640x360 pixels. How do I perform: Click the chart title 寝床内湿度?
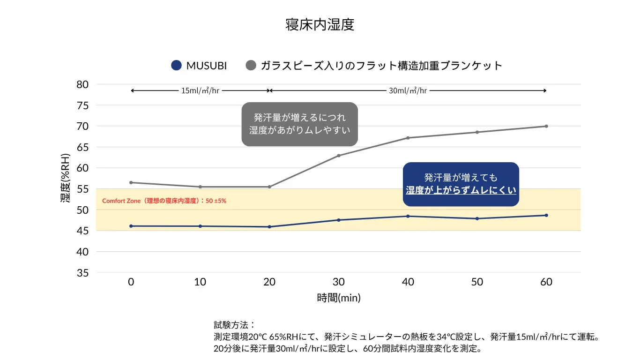click(320, 25)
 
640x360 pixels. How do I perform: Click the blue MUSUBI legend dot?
click(176, 66)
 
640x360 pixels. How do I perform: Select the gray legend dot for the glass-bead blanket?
click(251, 66)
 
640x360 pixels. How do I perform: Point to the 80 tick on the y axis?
click(82, 84)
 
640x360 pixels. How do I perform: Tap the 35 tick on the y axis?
click(82, 273)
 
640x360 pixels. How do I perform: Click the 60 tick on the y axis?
click(82, 168)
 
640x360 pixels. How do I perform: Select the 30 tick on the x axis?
click(338, 282)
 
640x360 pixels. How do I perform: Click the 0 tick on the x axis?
click(131, 282)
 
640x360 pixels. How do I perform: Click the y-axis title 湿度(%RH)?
click(66, 178)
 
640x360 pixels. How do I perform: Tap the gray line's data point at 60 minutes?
click(546, 126)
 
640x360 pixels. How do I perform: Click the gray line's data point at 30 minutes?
click(338, 156)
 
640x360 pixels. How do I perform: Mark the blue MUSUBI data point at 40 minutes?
click(408, 216)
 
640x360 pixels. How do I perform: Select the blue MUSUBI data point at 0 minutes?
click(131, 226)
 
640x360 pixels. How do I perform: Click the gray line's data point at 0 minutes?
click(131, 182)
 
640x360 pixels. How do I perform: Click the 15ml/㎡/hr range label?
click(200, 90)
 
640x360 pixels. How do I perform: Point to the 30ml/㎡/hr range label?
click(408, 90)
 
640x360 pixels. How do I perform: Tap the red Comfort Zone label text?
click(164, 201)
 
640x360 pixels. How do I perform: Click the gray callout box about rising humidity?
click(299, 124)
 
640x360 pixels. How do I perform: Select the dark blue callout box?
click(461, 184)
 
